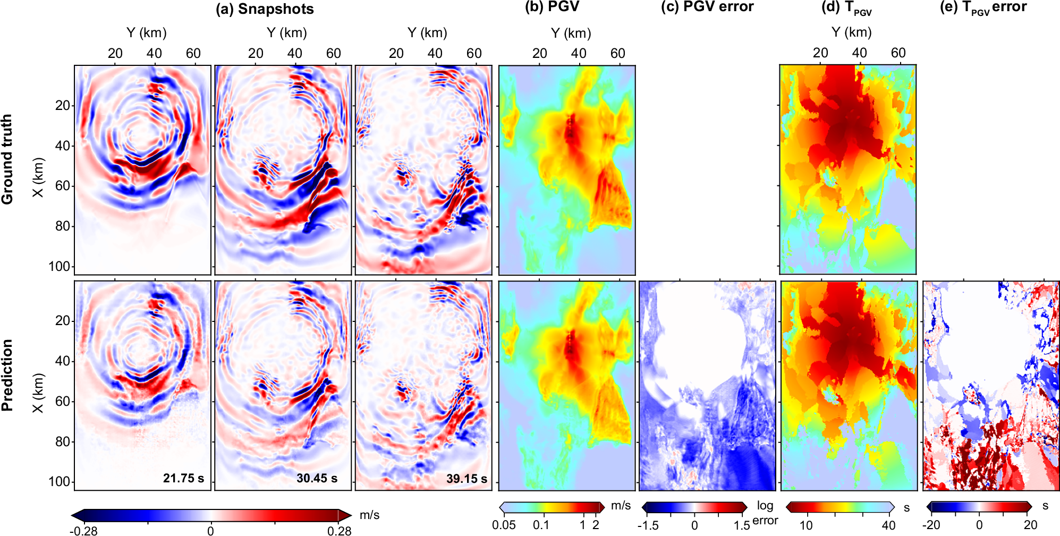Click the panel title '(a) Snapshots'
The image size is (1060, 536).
[x=265, y=9]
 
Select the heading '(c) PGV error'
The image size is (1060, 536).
[x=707, y=7]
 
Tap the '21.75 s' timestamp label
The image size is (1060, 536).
[x=183, y=478]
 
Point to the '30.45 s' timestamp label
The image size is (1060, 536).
[x=317, y=478]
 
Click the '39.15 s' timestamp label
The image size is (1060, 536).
[x=467, y=479]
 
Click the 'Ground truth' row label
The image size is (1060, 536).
[x=7, y=159]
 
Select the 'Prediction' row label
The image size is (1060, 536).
[x=7, y=375]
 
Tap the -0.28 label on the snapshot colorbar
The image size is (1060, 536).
[x=83, y=531]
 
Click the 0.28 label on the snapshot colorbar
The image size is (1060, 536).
[x=339, y=531]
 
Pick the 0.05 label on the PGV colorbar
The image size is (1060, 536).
[x=504, y=525]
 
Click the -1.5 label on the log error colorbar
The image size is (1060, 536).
[x=648, y=525]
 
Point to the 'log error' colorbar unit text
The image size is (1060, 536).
[x=765, y=513]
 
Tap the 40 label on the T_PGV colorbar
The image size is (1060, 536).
[x=888, y=525]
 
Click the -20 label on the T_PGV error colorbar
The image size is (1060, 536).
[x=930, y=525]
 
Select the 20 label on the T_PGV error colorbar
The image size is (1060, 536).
[x=1030, y=525]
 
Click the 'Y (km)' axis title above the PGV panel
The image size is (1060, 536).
[x=571, y=33]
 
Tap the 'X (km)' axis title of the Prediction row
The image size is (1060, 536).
[x=38, y=393]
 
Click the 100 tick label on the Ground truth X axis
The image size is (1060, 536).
[x=59, y=266]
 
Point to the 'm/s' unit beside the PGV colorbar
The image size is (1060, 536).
[x=621, y=505]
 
